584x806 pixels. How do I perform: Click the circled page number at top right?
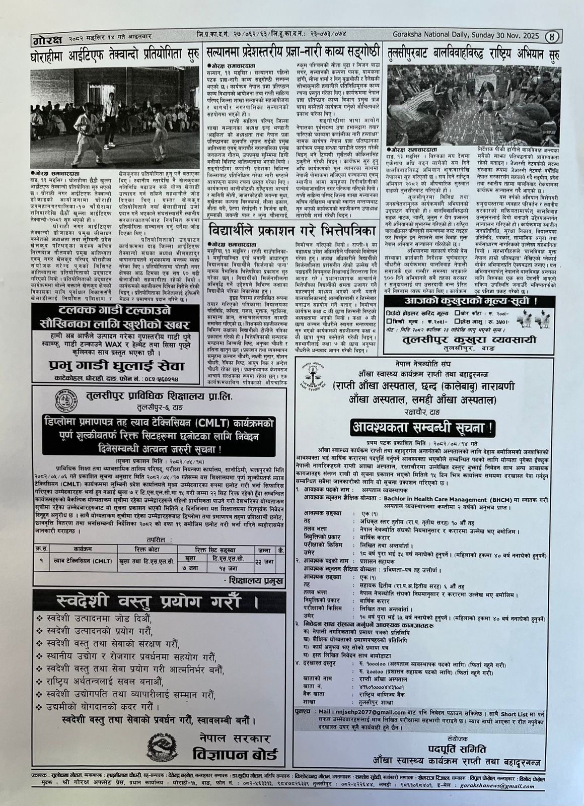[x=554, y=36]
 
